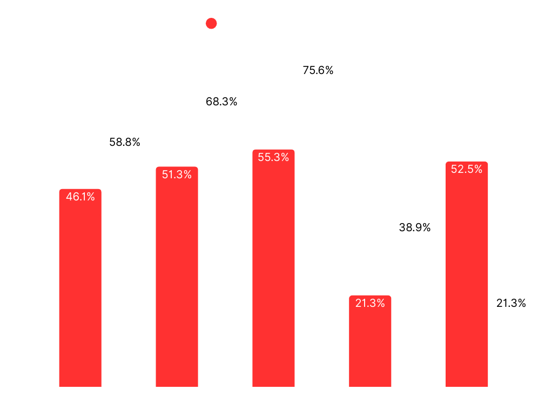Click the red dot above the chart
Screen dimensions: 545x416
(x=211, y=23)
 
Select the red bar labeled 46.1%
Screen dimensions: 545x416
(x=80, y=288)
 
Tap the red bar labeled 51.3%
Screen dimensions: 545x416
(x=177, y=277)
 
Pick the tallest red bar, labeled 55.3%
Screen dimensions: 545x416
(x=273, y=268)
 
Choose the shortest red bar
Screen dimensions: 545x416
(x=370, y=341)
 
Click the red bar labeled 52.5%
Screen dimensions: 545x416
(x=467, y=274)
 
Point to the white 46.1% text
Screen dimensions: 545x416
(x=80, y=197)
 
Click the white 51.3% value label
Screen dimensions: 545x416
(x=177, y=175)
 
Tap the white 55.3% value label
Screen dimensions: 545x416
(x=273, y=157)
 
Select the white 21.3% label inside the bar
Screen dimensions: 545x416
(x=370, y=304)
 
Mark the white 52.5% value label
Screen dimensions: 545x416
(x=467, y=169)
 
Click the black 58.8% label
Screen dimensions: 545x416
(x=125, y=142)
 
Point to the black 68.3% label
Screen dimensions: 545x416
(x=221, y=102)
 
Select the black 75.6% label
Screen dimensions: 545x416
(x=318, y=70)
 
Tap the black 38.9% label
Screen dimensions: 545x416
(x=415, y=227)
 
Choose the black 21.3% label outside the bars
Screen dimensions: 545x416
(x=511, y=304)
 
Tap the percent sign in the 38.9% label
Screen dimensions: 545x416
(x=426, y=227)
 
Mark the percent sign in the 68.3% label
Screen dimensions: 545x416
(x=233, y=102)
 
